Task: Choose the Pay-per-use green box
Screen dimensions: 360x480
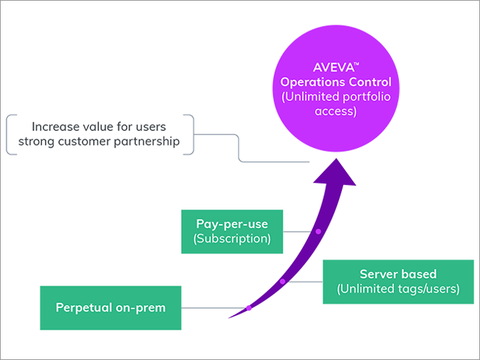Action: pos(231,231)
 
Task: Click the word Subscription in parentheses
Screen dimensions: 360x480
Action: pos(231,239)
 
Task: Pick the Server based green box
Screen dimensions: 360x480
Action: pos(398,282)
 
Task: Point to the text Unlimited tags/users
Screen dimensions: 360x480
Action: pos(398,290)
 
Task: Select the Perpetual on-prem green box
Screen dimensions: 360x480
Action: pos(111,308)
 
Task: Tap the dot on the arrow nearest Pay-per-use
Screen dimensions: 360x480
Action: pos(318,231)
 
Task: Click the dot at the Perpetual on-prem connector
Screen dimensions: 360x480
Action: pos(249,309)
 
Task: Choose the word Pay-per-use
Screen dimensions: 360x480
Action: pos(231,223)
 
